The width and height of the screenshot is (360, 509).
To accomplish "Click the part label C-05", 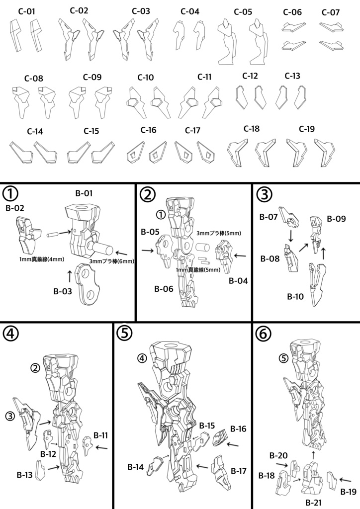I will click(243, 12).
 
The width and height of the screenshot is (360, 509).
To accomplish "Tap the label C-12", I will click(250, 76).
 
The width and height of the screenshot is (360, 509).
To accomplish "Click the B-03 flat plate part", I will click(88, 282).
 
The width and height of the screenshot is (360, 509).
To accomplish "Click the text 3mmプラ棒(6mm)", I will click(111, 261).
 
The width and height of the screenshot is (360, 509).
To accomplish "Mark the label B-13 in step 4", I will click(26, 475).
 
